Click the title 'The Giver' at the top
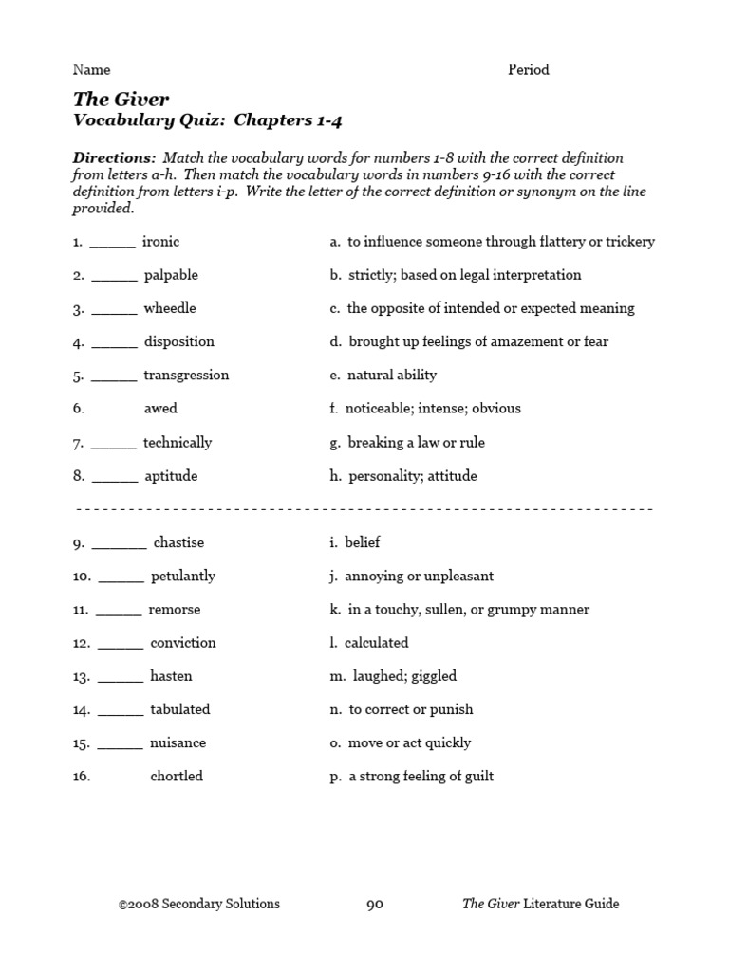121,98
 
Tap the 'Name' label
92,69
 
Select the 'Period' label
529,69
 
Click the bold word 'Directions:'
114,157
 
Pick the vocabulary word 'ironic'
160,242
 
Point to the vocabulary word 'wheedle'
170,308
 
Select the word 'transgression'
186,376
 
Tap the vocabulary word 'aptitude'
171,476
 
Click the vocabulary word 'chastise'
178,543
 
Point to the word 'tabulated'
180,709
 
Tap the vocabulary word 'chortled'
177,777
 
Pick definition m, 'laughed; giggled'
393,676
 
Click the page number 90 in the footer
375,904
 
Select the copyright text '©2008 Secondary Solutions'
199,904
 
